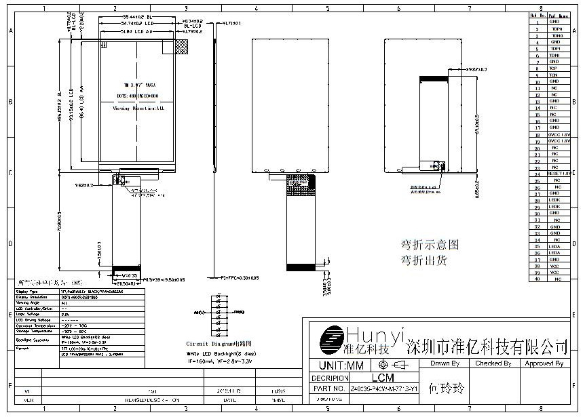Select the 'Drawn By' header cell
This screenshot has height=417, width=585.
coord(445,363)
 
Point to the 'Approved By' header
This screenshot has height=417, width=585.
coord(544,363)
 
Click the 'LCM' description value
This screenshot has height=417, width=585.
coord(382,377)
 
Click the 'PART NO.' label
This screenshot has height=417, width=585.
coord(329,389)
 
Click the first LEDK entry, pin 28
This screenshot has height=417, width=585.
coord(554,200)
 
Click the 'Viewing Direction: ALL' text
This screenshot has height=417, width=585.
coord(138,107)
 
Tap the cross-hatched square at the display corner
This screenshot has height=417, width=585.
coord(181,46)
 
